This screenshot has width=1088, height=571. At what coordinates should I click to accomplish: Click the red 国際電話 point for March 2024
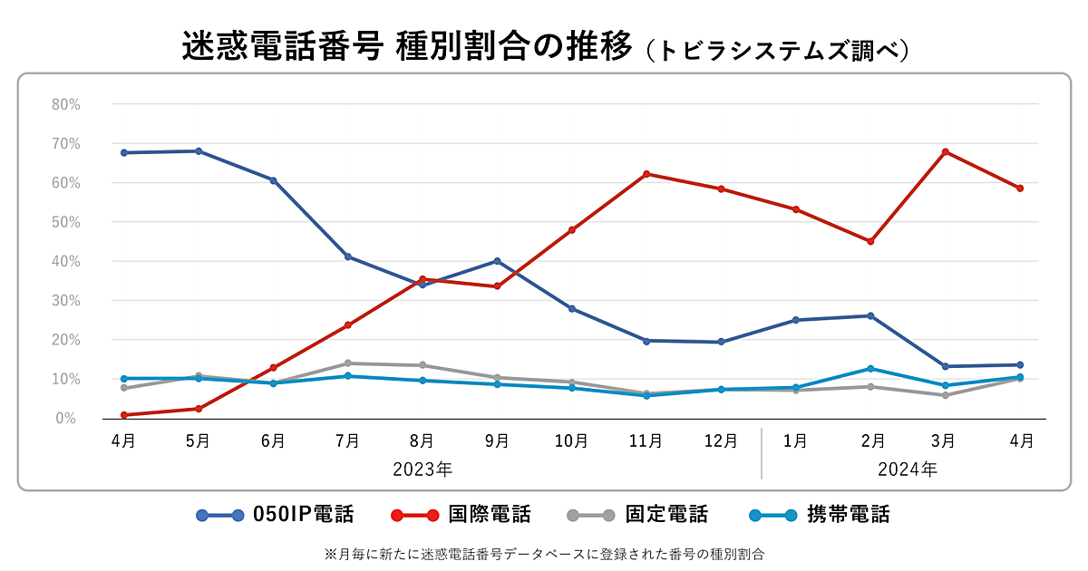(x=945, y=151)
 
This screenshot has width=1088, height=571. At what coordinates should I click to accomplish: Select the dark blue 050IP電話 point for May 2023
(x=199, y=151)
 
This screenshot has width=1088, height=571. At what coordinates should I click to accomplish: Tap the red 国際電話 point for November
(x=646, y=174)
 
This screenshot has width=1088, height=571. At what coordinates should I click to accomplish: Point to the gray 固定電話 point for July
(x=347, y=363)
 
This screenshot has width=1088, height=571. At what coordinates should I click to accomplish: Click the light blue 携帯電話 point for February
(x=870, y=369)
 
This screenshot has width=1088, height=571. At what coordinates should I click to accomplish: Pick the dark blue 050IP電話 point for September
(x=497, y=261)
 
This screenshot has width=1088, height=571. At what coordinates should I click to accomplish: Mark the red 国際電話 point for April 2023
(x=123, y=415)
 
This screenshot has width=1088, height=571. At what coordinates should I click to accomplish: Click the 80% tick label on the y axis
(x=66, y=104)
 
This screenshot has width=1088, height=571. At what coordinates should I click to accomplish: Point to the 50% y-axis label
(x=66, y=222)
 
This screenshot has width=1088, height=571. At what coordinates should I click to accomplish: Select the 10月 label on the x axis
(x=571, y=441)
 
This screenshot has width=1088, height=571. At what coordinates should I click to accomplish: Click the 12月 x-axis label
(x=721, y=441)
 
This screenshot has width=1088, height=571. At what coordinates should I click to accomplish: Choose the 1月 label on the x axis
(x=795, y=441)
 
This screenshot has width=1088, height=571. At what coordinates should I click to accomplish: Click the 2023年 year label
(x=423, y=469)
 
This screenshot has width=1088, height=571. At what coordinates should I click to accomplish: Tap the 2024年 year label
(x=908, y=469)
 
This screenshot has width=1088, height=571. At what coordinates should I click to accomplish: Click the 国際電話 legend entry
(x=461, y=516)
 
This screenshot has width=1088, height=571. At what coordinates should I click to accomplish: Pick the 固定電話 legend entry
(x=637, y=516)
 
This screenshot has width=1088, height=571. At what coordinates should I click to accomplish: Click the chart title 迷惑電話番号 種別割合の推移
(x=406, y=47)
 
